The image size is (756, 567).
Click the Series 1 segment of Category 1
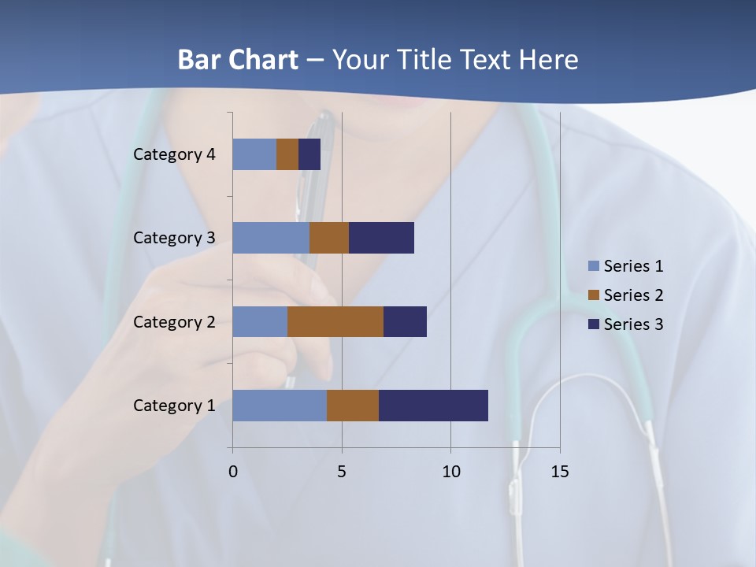(x=280, y=406)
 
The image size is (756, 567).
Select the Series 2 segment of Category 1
(x=353, y=406)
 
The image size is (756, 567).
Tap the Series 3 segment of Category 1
(x=433, y=406)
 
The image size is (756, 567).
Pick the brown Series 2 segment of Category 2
(x=335, y=321)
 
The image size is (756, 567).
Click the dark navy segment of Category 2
(x=405, y=321)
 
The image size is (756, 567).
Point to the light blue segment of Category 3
(x=271, y=238)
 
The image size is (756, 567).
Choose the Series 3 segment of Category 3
(x=381, y=238)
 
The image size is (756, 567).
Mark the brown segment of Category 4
(x=287, y=154)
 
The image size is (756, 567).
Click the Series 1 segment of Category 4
(x=254, y=154)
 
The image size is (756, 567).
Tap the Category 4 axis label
(x=174, y=154)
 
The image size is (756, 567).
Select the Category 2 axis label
(x=174, y=321)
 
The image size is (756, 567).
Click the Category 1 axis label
(x=174, y=406)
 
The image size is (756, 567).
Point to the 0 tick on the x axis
(x=232, y=472)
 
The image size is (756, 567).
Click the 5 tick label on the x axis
(x=342, y=472)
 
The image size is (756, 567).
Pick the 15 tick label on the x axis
(x=559, y=472)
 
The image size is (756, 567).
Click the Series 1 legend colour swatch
(x=593, y=266)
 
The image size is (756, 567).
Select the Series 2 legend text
(x=633, y=295)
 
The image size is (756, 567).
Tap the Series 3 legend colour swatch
(x=593, y=324)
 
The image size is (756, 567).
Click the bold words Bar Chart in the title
(x=238, y=60)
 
